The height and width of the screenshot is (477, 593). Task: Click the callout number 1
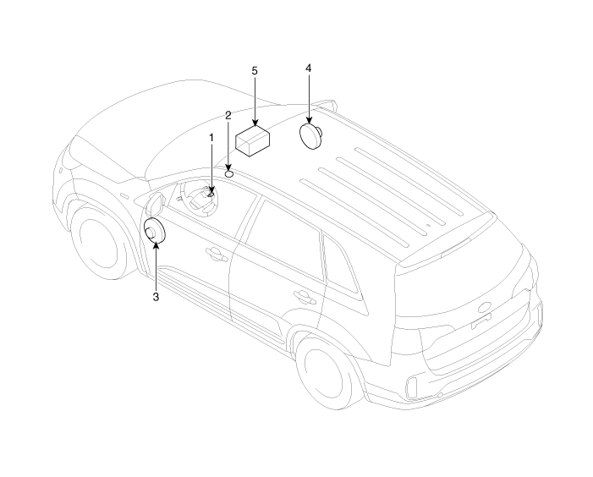[211, 138]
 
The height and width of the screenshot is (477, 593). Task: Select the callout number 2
[228, 115]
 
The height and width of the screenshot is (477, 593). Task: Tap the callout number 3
[156, 297]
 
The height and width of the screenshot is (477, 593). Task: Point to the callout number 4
[309, 69]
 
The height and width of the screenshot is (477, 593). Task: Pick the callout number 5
[255, 71]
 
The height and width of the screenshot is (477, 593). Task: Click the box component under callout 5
[252, 141]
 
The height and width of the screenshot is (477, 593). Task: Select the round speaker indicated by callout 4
[310, 136]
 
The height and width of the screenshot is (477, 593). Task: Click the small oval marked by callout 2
[228, 174]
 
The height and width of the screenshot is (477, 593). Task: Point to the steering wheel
[199, 199]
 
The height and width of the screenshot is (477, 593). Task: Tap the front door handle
[217, 254]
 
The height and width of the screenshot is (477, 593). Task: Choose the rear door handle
[305, 296]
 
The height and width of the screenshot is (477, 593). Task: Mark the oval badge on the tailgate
[484, 307]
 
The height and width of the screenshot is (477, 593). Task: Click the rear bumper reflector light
[411, 387]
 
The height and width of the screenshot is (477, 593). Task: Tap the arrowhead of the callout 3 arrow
[156, 245]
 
